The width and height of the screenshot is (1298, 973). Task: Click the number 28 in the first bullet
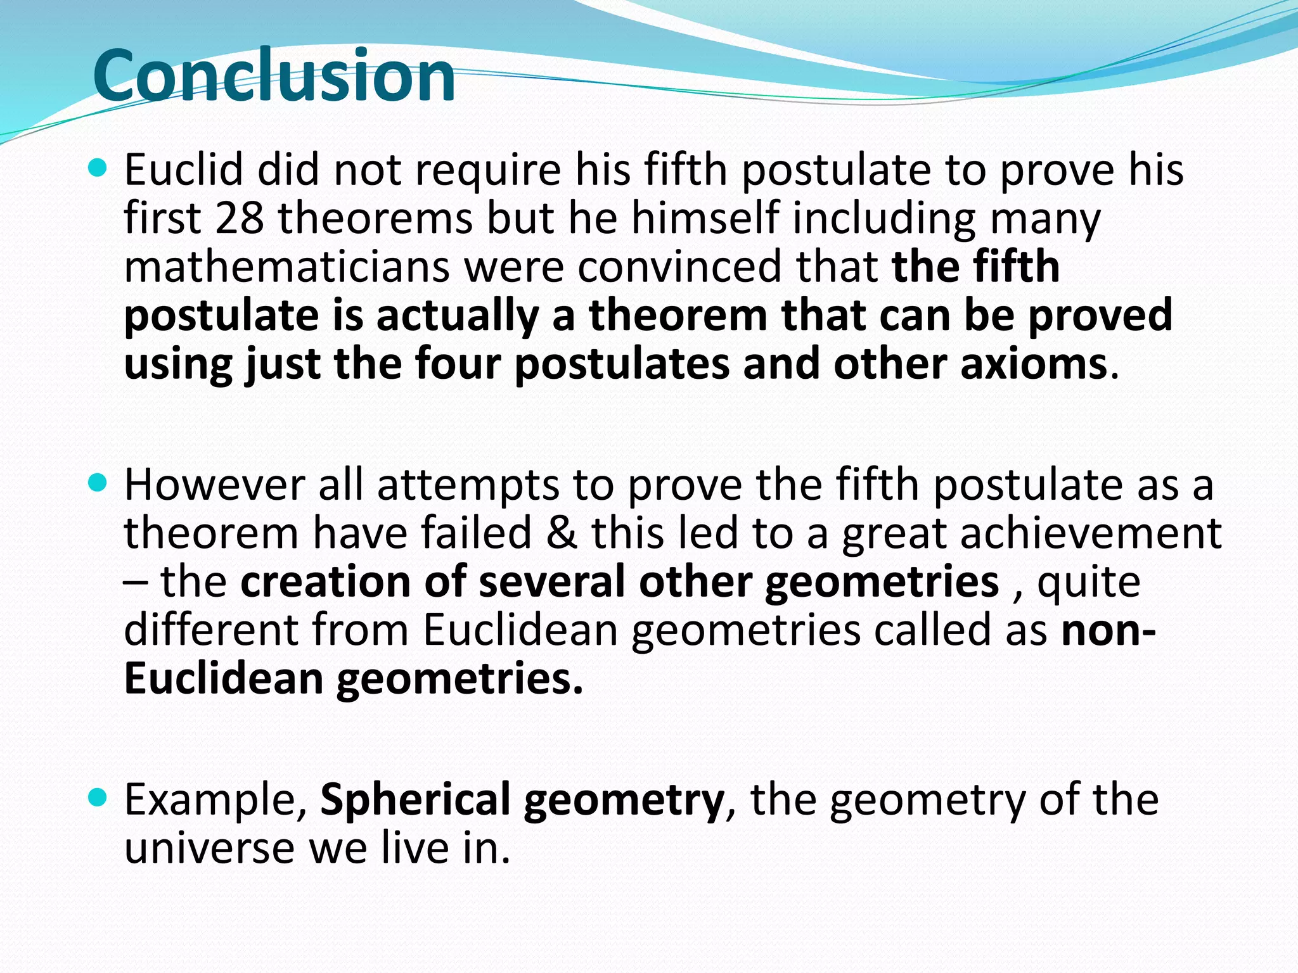240,219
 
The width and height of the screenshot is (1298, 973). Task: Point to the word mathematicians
286,267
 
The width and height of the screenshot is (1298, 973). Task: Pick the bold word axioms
1034,364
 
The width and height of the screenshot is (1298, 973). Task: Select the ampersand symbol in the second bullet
562,533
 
